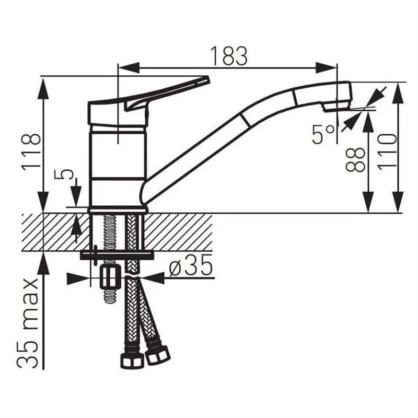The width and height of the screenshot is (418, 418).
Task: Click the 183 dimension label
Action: [x=229, y=56]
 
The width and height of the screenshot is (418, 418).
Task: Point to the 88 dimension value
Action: [x=355, y=159]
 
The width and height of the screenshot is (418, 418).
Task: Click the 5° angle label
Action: [x=323, y=134]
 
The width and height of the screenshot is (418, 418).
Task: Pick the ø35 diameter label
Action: [x=191, y=265]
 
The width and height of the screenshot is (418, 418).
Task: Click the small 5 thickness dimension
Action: [x=64, y=175]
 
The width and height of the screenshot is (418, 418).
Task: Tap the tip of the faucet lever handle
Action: [x=207, y=79]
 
